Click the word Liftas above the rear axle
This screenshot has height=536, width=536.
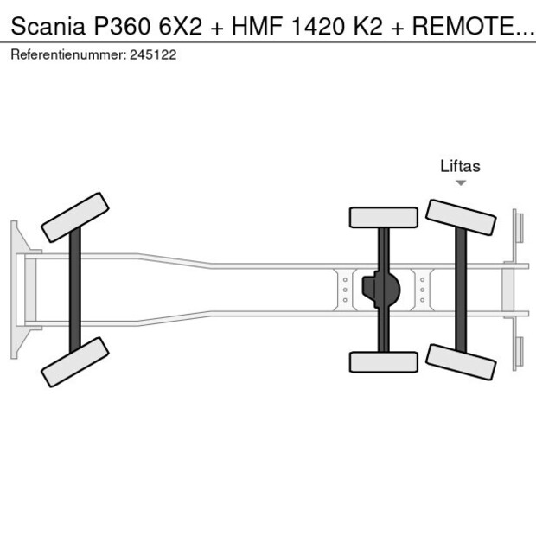460,166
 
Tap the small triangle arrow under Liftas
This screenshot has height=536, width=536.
461,182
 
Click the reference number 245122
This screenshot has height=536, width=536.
153,54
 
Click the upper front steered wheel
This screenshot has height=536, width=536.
74,217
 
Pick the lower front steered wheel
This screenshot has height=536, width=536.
74,361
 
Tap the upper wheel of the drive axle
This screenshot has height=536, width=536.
383,217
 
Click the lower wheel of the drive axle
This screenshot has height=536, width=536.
383,361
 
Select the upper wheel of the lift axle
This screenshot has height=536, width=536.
461,217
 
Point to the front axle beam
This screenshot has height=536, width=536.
75,289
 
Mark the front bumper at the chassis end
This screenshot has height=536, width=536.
16,289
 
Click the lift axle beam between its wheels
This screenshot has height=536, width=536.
461,289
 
